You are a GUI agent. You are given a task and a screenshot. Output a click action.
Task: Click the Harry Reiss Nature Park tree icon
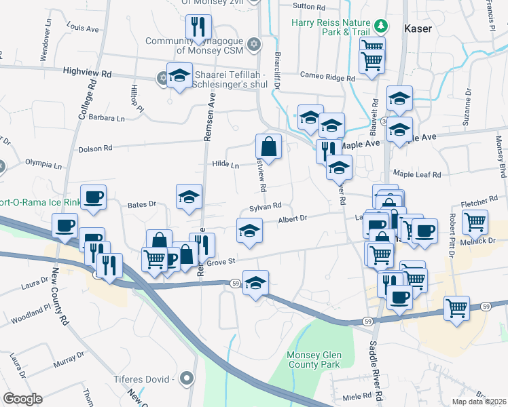[382, 26]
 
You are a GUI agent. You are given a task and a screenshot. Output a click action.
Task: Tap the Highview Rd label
[87, 71]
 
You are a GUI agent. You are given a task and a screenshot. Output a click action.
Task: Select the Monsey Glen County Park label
[312, 360]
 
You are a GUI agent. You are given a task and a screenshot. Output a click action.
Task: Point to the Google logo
[22, 399]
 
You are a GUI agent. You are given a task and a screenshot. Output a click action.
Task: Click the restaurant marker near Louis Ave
[198, 27]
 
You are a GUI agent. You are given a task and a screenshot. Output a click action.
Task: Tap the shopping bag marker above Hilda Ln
[268, 146]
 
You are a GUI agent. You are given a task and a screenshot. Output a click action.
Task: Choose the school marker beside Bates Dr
[189, 197]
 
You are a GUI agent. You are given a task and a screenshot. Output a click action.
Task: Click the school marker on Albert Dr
[249, 230]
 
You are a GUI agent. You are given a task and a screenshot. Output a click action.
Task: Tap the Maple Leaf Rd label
[416, 174]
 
